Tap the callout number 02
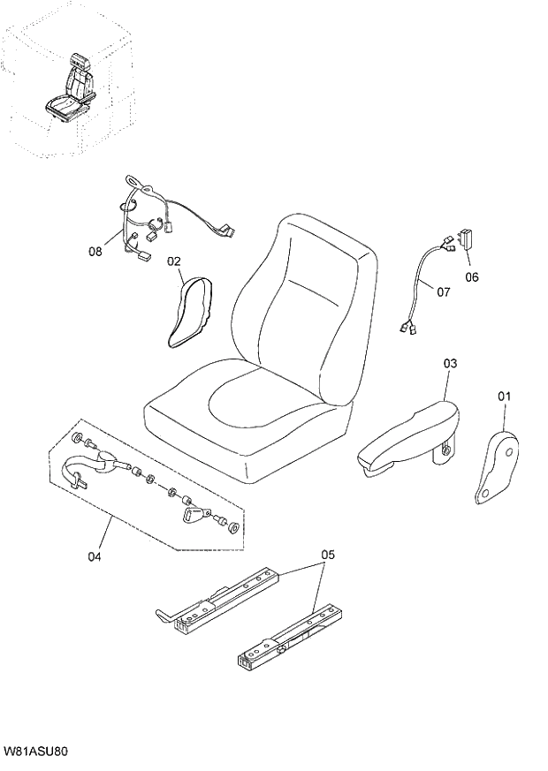(x=173, y=261)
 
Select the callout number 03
(x=451, y=363)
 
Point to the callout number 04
(x=95, y=556)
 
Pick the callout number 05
(x=328, y=555)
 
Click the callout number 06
(x=471, y=276)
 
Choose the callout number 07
(x=443, y=291)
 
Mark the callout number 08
(x=95, y=251)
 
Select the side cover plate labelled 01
(x=497, y=468)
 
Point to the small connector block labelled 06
(x=466, y=240)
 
